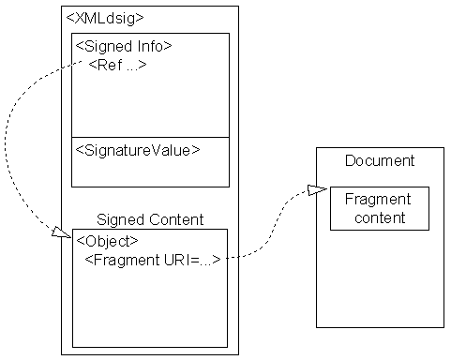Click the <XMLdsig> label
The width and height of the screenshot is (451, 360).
click(x=105, y=18)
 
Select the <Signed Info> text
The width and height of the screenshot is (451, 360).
click(x=122, y=46)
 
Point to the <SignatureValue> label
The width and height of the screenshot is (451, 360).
click(x=137, y=149)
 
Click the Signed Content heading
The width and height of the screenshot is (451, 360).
click(x=150, y=219)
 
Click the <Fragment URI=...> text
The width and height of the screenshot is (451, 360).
click(x=153, y=259)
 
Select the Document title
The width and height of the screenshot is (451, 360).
click(x=379, y=160)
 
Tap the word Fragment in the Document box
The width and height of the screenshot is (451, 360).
click(x=378, y=200)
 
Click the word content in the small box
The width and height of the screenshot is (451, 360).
click(x=379, y=217)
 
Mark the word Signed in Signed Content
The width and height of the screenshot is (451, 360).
click(x=117, y=219)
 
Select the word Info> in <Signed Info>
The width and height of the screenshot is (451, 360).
click(x=155, y=46)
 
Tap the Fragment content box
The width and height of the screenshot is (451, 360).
click(x=379, y=208)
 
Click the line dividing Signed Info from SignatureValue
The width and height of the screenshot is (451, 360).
click(x=150, y=137)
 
